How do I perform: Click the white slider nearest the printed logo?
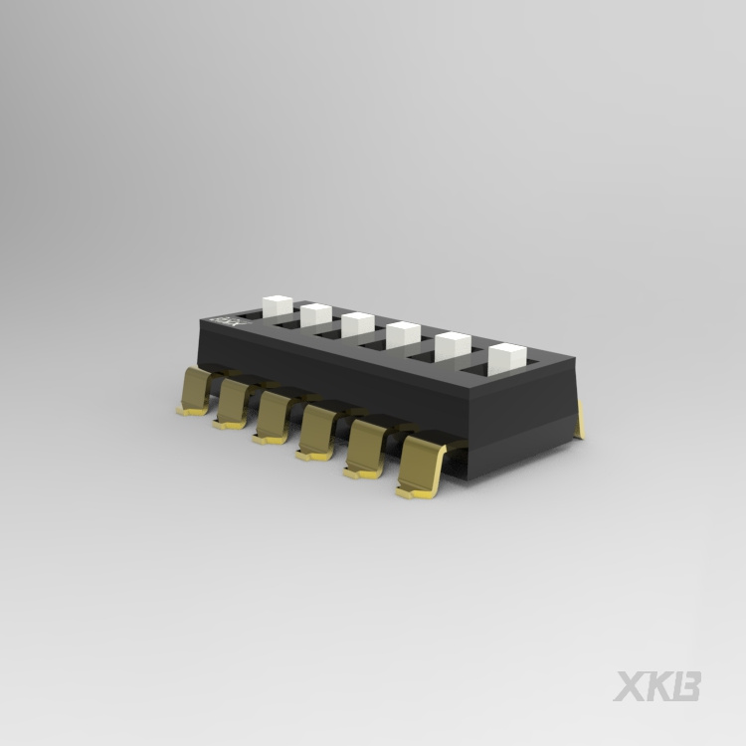(275, 305)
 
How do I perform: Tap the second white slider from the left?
(315, 315)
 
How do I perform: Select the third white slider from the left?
(358, 325)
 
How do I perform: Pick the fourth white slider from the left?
(403, 335)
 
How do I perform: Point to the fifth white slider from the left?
(453, 346)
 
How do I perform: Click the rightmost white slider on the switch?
(506, 358)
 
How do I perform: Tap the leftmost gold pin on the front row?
(195, 392)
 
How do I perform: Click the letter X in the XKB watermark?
(630, 686)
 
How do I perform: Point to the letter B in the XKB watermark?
(688, 686)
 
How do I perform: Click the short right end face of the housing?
(562, 423)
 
